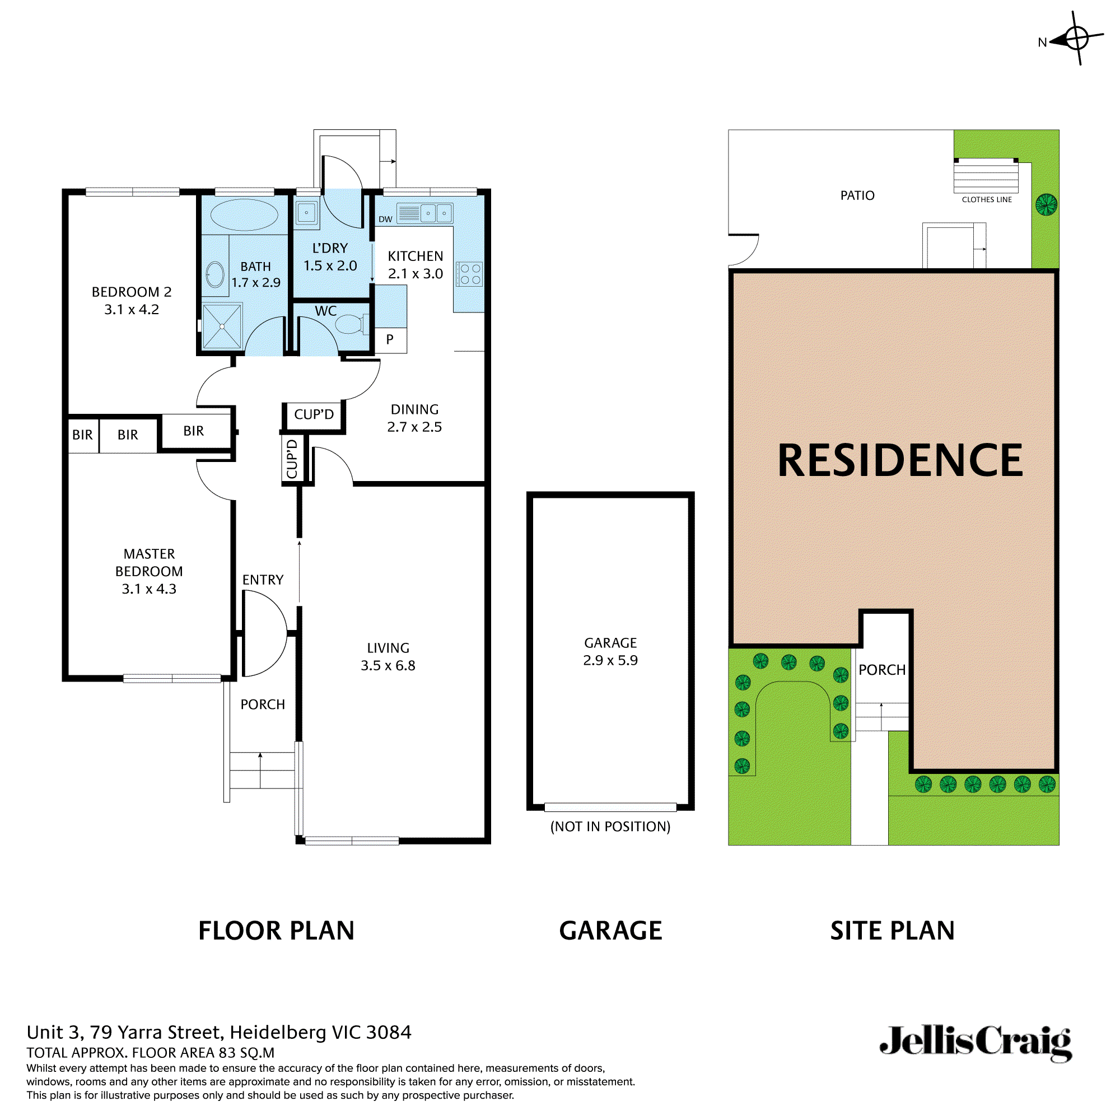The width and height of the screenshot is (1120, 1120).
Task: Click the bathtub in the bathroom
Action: (x=244, y=215)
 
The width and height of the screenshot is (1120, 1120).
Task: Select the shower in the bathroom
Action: (x=222, y=326)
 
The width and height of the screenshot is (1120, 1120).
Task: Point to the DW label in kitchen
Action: (x=385, y=219)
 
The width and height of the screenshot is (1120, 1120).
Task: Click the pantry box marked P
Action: (x=390, y=340)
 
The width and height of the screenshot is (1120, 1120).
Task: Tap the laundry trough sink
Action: (x=307, y=213)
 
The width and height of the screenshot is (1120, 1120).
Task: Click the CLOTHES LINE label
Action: (x=987, y=199)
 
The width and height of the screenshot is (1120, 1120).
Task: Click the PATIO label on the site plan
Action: (x=857, y=195)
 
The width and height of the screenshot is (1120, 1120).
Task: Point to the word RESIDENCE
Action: (x=900, y=461)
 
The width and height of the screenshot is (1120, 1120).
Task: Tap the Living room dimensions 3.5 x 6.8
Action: (x=388, y=665)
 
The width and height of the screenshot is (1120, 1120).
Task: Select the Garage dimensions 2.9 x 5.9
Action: (x=610, y=660)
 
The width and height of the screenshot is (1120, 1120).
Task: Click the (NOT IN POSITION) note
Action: (x=610, y=827)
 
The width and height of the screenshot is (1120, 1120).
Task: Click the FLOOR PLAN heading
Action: (x=276, y=931)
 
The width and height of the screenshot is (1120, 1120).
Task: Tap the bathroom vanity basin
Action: (x=215, y=275)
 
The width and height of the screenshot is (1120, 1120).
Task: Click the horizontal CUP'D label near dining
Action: (x=314, y=414)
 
